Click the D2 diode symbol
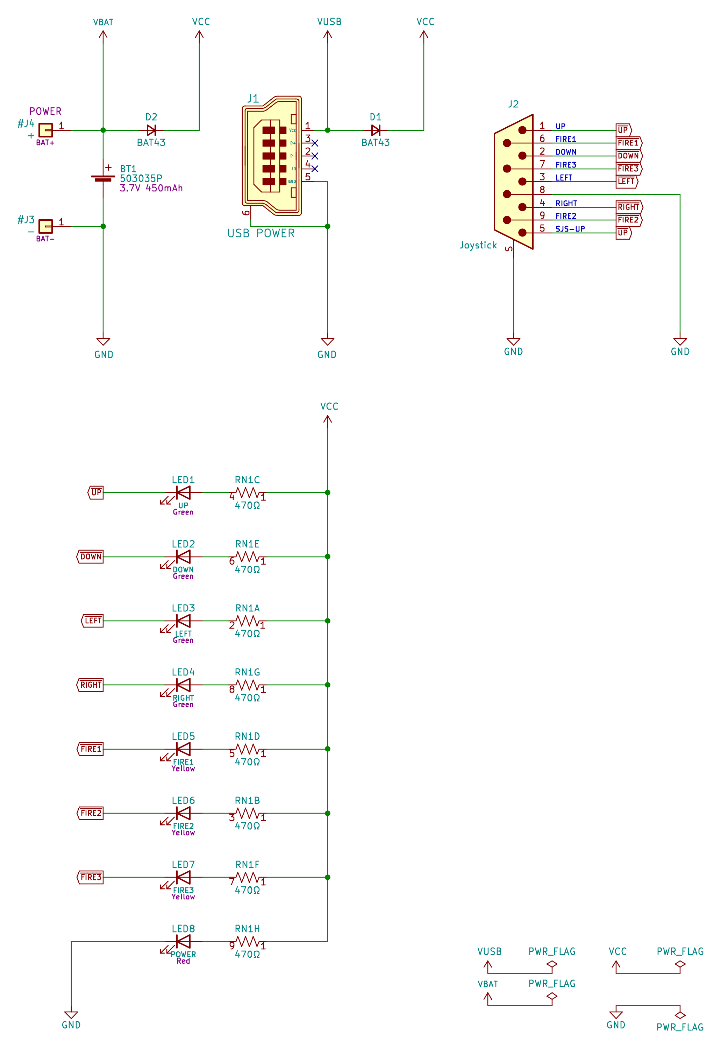pyautogui.click(x=151, y=130)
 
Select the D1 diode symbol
pyautogui.click(x=376, y=130)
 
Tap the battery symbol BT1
pyautogui.click(x=103, y=178)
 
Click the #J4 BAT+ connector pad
pyautogui.click(x=45, y=130)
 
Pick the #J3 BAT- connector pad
pyautogui.click(x=45, y=226)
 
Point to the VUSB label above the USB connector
pyautogui.click(x=329, y=22)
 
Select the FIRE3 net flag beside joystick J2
pyautogui.click(x=628, y=169)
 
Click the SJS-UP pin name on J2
pyautogui.click(x=570, y=229)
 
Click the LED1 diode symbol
pyautogui.click(x=183, y=492)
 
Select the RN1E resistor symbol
pyautogui.click(x=248, y=557)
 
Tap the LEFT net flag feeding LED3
pyautogui.click(x=93, y=621)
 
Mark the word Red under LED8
pyautogui.click(x=183, y=961)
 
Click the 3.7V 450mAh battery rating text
pyautogui.click(x=151, y=188)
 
